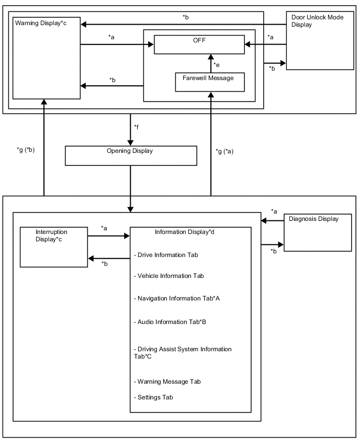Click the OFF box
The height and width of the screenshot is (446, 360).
click(x=199, y=44)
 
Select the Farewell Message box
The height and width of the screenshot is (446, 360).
click(x=211, y=82)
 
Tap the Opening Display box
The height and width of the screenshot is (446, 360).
click(x=130, y=155)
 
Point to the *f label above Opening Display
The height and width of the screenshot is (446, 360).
click(x=137, y=127)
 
